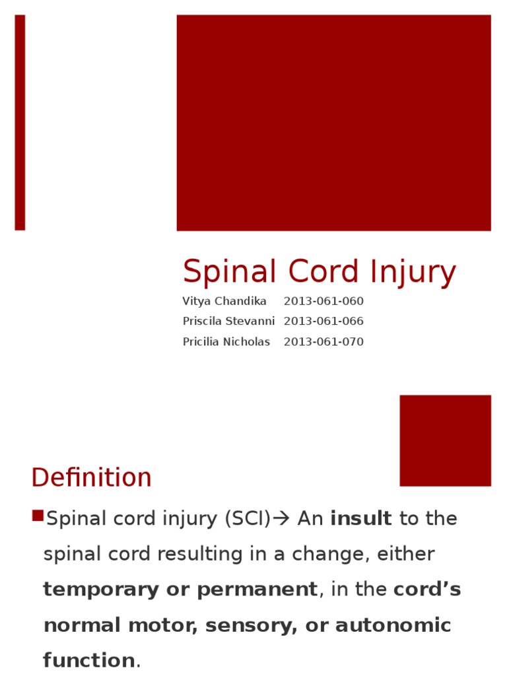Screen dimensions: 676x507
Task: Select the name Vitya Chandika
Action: (224, 301)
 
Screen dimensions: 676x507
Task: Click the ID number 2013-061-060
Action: (323, 301)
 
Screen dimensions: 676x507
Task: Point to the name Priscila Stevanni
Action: (228, 321)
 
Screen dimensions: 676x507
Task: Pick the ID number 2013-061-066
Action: (323, 321)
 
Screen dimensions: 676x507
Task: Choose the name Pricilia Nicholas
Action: (226, 342)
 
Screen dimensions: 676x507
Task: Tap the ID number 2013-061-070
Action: (323, 342)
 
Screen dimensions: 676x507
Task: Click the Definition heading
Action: (91, 477)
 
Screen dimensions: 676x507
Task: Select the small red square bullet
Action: (37, 516)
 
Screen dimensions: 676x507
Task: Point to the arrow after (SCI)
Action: (281, 519)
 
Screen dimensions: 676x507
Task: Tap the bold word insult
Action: (361, 519)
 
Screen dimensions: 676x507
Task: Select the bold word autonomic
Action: (393, 625)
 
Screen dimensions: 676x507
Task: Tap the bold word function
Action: (88, 660)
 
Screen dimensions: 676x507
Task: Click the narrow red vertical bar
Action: (20, 123)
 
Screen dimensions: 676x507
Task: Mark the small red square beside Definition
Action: (445, 440)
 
